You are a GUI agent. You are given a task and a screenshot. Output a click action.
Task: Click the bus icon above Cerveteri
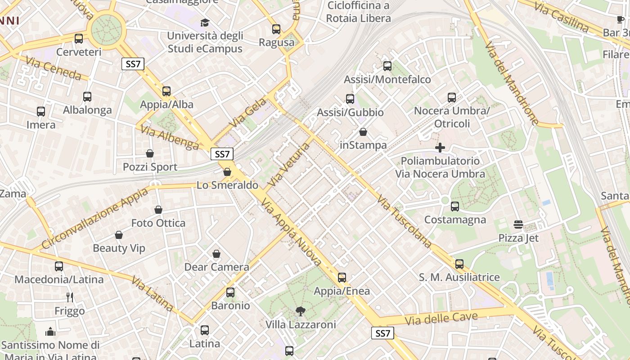click(x=79, y=39)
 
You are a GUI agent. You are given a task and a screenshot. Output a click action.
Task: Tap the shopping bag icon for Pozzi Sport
click(x=150, y=153)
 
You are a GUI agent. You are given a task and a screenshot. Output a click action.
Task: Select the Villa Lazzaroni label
click(x=301, y=324)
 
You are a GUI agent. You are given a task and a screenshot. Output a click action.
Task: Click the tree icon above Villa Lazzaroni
click(x=300, y=311)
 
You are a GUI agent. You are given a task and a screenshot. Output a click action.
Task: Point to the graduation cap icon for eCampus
click(x=205, y=22)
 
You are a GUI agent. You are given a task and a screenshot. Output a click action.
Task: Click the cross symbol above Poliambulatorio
click(x=440, y=148)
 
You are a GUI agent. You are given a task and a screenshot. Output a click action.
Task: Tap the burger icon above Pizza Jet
click(x=518, y=224)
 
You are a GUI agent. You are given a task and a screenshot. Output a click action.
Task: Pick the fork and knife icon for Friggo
click(x=70, y=297)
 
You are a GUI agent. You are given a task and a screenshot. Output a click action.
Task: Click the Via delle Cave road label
click(x=441, y=319)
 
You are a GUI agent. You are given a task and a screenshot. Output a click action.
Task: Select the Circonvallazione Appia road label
click(x=95, y=218)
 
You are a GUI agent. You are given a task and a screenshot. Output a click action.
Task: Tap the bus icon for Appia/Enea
click(x=342, y=278)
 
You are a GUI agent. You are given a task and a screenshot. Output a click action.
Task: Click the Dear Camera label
click(x=216, y=267)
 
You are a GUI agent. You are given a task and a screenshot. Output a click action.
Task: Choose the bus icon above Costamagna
click(x=455, y=207)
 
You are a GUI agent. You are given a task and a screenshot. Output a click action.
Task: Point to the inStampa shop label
click(x=363, y=145)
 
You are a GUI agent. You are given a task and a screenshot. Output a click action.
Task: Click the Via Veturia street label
click(x=289, y=165)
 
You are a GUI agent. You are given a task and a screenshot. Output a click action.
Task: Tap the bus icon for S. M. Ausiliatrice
click(x=459, y=264)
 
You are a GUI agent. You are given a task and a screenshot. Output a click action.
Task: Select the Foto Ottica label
click(x=158, y=223)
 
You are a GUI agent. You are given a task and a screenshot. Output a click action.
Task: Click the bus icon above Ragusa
click(x=276, y=29)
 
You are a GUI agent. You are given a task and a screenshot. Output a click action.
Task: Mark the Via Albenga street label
click(x=170, y=137)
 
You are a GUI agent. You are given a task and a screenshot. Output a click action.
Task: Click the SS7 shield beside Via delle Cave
click(x=382, y=333)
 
